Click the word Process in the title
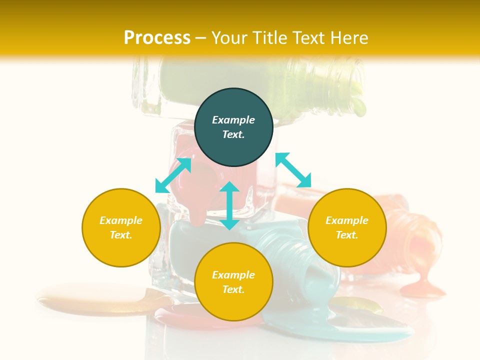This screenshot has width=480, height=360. click(x=157, y=38)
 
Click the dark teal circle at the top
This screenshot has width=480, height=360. click(x=233, y=105)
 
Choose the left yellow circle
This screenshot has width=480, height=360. click(x=121, y=227)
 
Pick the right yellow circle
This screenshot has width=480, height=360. click(x=347, y=227)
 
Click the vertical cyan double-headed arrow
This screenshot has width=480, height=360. click(x=229, y=206)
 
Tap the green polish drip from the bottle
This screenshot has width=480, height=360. click(x=358, y=106)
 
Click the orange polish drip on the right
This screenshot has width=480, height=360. click(x=422, y=285)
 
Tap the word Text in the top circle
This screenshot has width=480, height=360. click(x=233, y=134)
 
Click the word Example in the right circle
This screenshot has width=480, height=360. click(x=347, y=220)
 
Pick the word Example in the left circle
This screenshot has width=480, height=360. click(x=121, y=220)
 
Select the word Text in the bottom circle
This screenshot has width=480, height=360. click(x=233, y=289)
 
